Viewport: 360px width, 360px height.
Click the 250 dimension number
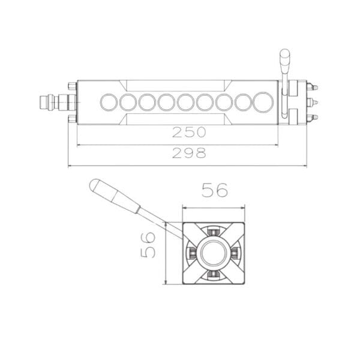coord(189,132)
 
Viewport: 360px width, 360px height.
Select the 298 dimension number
coord(189,153)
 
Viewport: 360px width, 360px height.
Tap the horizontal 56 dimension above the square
coord(215,190)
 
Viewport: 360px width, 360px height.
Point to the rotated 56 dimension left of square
coord(148,245)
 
